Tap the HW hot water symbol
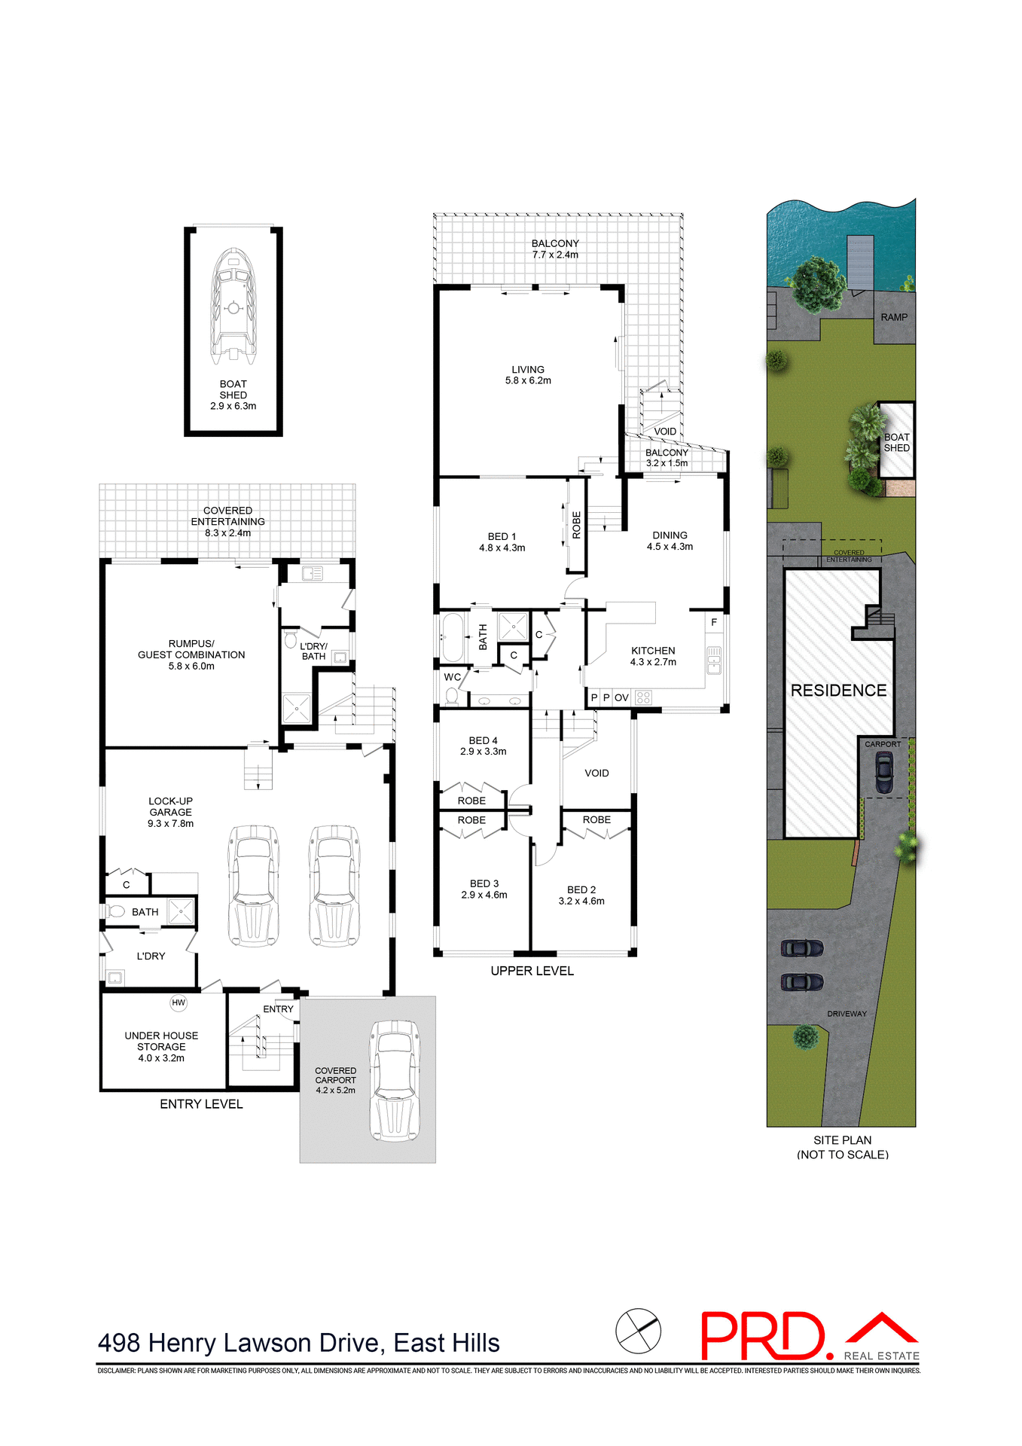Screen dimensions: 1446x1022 [178, 1002]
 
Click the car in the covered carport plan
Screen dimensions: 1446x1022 [394, 1081]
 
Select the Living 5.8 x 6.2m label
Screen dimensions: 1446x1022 [528, 375]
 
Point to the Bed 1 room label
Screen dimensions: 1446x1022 [502, 542]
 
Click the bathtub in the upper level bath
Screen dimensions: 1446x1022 [453, 637]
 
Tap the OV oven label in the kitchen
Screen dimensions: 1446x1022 [621, 698]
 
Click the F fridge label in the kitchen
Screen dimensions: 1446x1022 [714, 623]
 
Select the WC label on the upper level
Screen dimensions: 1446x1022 [452, 677]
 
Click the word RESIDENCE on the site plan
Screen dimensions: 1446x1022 [838, 691]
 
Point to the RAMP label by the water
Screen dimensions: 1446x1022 [894, 318]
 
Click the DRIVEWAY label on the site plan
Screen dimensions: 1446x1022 [847, 1014]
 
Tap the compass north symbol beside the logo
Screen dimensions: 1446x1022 [638, 1331]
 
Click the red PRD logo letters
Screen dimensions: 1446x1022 [762, 1337]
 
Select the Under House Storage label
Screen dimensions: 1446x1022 [161, 1047]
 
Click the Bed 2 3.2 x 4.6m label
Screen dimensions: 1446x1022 [581, 895]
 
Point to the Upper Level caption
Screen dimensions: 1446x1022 [532, 972]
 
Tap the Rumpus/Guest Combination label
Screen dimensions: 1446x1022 [191, 655]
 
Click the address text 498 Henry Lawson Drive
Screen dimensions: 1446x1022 [298, 1344]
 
